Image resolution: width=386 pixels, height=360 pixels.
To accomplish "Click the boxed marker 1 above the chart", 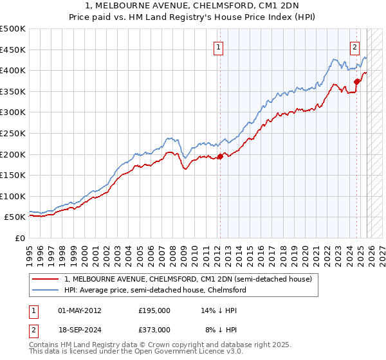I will click(219, 47).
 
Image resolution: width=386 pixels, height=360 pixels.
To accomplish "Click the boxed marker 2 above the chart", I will click(354, 47).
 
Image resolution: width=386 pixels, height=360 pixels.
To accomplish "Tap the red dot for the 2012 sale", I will click(220, 156).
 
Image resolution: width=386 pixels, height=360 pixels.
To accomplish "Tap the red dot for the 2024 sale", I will click(356, 81).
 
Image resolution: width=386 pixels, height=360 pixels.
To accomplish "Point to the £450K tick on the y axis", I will click(13, 50).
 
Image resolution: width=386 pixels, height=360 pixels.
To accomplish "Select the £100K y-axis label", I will click(13, 196).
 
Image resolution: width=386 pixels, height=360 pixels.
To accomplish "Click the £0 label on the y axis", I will click(19, 238).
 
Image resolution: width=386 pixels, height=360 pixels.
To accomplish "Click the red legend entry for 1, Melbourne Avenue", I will click(188, 279).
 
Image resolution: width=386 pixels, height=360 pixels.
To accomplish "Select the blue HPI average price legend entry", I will click(154, 291).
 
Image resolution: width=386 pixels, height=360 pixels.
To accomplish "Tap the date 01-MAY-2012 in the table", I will click(80, 310).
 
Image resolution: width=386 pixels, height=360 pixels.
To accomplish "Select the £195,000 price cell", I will click(154, 310).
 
